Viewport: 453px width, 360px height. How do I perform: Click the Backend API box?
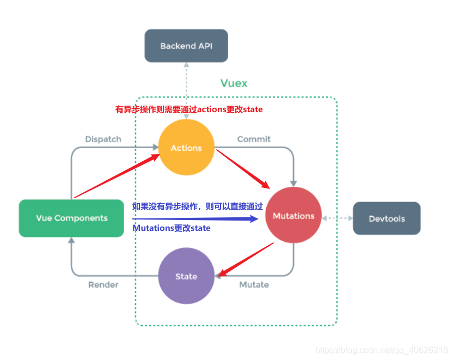186,46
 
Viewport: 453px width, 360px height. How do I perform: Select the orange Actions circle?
186,148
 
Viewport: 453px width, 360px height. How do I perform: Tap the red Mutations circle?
293,216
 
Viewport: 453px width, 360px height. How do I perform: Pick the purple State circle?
186,276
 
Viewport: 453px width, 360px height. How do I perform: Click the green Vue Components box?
71,218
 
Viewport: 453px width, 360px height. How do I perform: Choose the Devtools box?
387,218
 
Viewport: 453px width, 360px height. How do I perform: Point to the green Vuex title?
234,83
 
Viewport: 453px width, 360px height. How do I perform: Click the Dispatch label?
103,139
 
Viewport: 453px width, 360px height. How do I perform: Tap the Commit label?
254,139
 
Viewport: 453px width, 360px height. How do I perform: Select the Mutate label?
254,284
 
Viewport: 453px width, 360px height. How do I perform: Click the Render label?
103,284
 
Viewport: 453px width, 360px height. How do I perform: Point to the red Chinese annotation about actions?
189,109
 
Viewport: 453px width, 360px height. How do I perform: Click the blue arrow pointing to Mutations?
196,219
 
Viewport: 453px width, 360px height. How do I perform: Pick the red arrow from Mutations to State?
245,260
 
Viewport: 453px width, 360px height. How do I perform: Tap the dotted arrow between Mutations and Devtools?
338,218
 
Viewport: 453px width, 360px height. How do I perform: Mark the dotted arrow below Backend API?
186,82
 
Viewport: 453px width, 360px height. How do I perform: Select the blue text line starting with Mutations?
171,228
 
